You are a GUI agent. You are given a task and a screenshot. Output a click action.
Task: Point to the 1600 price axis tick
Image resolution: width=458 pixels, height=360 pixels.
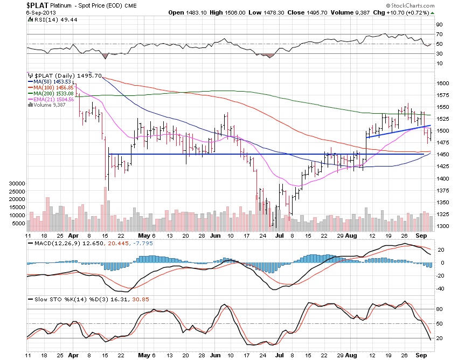443,84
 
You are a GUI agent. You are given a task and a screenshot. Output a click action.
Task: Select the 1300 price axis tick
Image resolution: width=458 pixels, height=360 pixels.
443,226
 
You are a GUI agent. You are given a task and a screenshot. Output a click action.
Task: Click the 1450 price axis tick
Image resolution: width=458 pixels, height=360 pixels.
443,155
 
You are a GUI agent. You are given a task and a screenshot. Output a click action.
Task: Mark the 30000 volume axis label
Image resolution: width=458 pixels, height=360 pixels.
18,183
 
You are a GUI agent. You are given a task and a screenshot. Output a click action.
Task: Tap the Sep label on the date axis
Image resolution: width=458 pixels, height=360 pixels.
421,235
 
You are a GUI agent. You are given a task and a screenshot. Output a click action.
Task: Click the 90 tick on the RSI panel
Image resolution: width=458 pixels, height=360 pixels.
440,24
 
